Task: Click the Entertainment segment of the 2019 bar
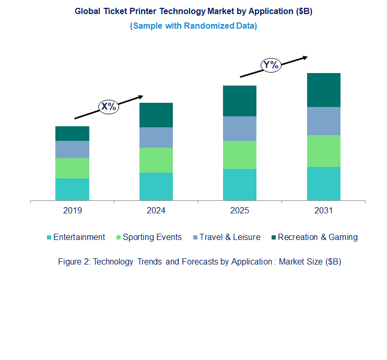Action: (72, 189)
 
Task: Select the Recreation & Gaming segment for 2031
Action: (323, 90)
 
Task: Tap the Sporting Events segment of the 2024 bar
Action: (156, 160)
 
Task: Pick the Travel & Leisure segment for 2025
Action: (240, 128)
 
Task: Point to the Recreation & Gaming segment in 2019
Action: (72, 133)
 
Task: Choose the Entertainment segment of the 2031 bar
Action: (323, 183)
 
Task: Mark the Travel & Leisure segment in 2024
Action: (156, 137)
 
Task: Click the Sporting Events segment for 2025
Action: (240, 154)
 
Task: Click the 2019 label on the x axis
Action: (72, 211)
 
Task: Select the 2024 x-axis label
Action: (156, 211)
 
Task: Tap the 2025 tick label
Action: (240, 211)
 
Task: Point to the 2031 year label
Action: (323, 211)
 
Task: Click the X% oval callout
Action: (109, 107)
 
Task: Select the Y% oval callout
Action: (271, 65)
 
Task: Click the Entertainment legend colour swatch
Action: (49, 237)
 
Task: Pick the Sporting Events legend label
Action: (152, 237)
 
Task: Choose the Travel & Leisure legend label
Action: (230, 237)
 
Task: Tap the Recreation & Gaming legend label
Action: (318, 237)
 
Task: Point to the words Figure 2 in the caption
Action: (73, 262)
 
